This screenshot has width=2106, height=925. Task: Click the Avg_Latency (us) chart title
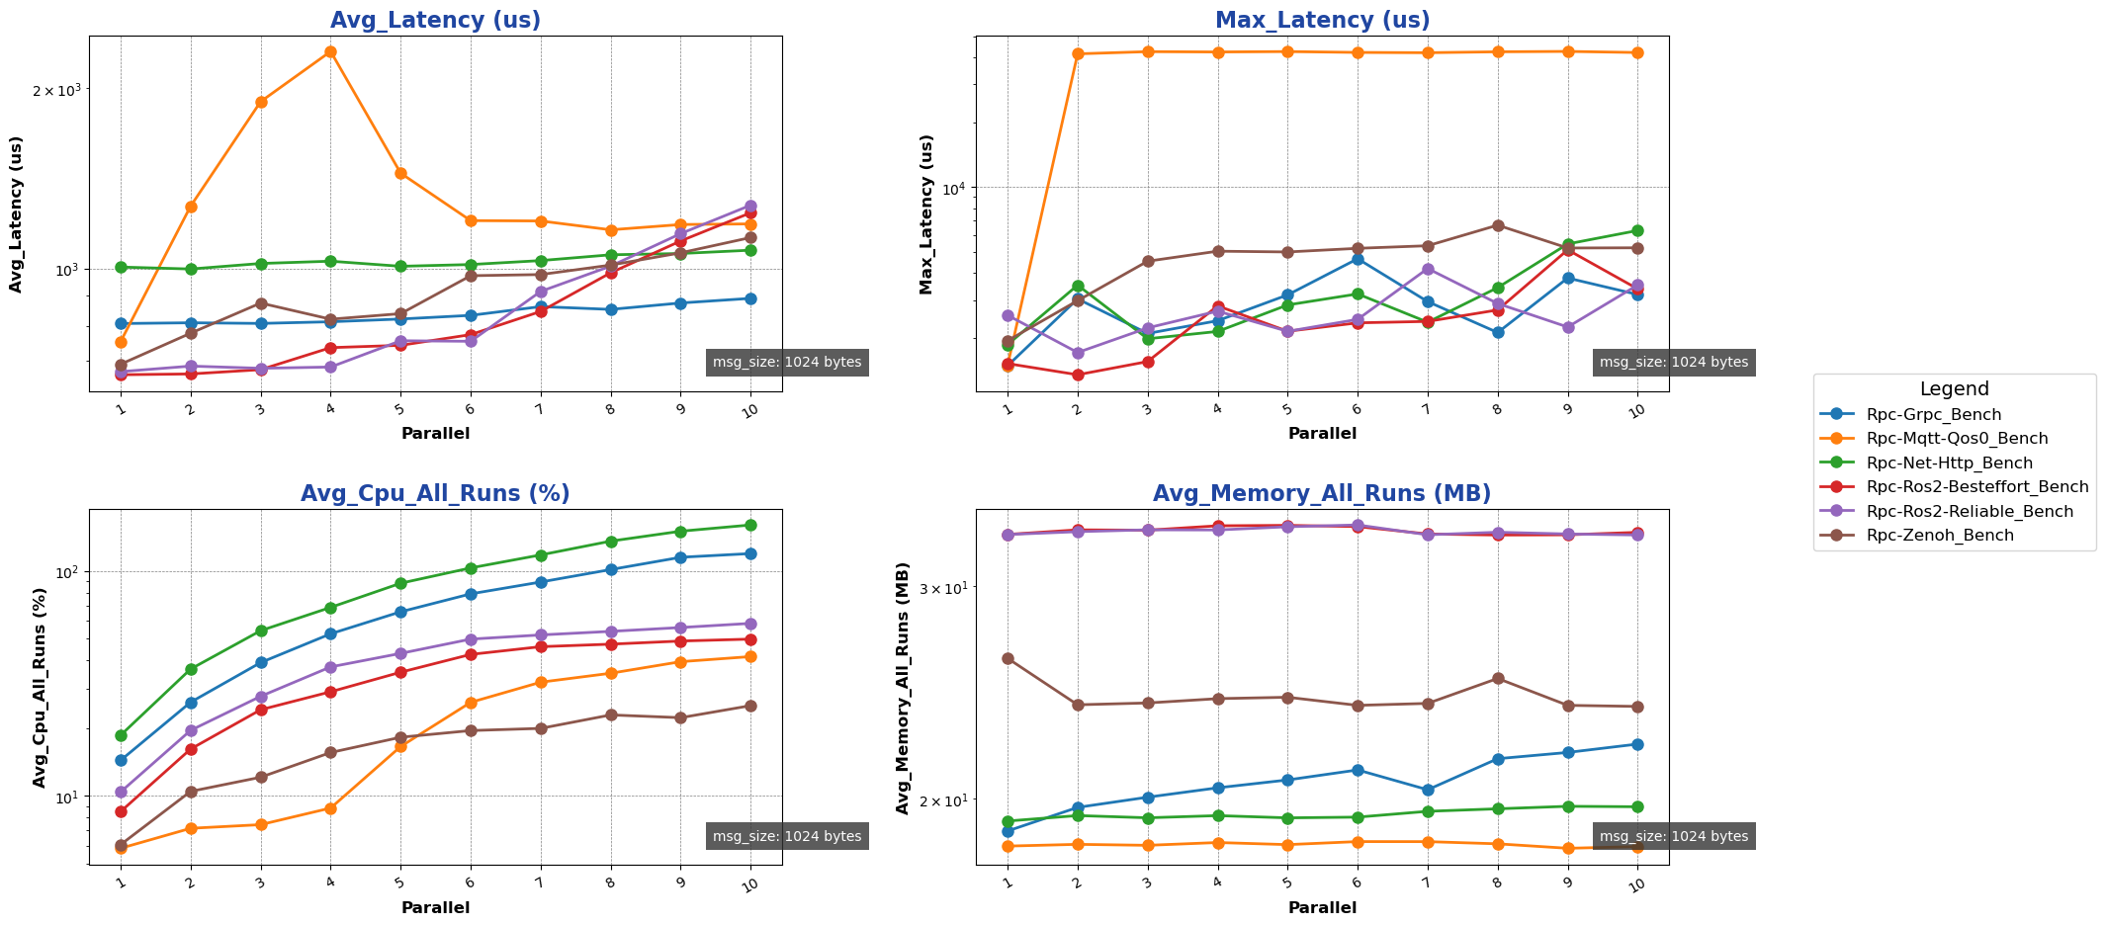(435, 21)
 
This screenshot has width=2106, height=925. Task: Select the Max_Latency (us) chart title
(1322, 21)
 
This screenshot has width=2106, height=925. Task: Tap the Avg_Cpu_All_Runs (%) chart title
(435, 494)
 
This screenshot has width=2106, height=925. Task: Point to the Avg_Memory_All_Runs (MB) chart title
(1322, 494)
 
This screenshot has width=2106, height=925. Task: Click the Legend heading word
(1954, 389)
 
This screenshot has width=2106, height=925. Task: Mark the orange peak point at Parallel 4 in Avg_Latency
(330, 51)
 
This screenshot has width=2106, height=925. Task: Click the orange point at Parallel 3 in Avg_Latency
(261, 102)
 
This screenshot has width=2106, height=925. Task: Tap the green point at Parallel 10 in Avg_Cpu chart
(750, 525)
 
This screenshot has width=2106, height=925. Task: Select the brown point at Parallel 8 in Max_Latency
(1498, 225)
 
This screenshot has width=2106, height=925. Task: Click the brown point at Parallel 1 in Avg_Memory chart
(1008, 658)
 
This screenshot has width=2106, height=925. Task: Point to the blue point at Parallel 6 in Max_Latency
(1358, 259)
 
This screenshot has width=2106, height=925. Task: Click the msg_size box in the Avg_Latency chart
(787, 363)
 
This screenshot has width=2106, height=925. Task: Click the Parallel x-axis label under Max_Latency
(1322, 434)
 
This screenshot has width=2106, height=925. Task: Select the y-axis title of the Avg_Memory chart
(904, 688)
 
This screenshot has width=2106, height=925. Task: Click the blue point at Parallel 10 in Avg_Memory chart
(1637, 744)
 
